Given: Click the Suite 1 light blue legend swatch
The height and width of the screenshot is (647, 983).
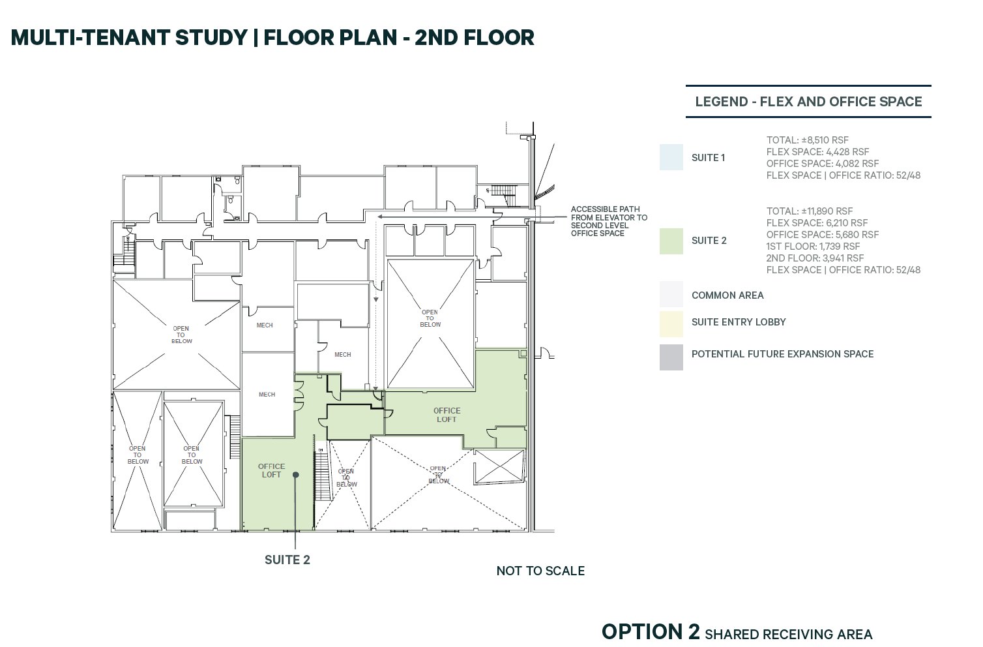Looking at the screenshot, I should coord(671,157).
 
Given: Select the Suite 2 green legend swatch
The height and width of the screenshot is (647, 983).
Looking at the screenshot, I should coord(671,241).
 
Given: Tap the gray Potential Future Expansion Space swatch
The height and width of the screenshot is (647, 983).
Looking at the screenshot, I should coord(671,357).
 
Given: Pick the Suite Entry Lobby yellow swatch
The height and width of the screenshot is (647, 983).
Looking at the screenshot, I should coord(671,323).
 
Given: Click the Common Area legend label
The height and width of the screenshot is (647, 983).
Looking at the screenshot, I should coord(727,295).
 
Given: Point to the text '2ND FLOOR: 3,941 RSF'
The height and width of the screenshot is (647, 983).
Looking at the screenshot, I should coord(815,258).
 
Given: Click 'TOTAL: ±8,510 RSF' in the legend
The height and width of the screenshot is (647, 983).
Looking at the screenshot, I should coord(807,140).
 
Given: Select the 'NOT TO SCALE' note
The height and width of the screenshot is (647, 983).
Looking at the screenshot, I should coord(540,571).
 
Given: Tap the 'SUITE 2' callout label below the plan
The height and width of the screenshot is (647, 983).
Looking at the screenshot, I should coord(287,560).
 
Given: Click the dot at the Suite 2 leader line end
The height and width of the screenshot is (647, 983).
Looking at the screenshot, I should coord(295,475).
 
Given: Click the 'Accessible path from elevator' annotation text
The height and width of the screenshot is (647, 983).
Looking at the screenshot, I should coord(608,221).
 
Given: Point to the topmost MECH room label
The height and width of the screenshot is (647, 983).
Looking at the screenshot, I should coord(265,325).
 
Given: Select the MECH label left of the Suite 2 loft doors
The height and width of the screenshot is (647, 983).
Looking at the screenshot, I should coord(267,395).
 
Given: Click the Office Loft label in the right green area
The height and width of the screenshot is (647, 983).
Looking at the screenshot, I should coord(447,415).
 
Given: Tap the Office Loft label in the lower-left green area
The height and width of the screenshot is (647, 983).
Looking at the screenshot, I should coord(271,470).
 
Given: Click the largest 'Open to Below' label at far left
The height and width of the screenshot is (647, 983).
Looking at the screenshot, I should coord(181,335).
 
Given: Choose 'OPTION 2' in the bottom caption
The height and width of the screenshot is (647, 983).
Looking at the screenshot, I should coord(650,632).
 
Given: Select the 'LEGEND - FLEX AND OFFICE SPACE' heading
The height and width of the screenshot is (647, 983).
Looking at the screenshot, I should coord(808,102).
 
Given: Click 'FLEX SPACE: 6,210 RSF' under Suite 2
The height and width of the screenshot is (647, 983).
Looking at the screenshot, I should coord(817,223).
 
